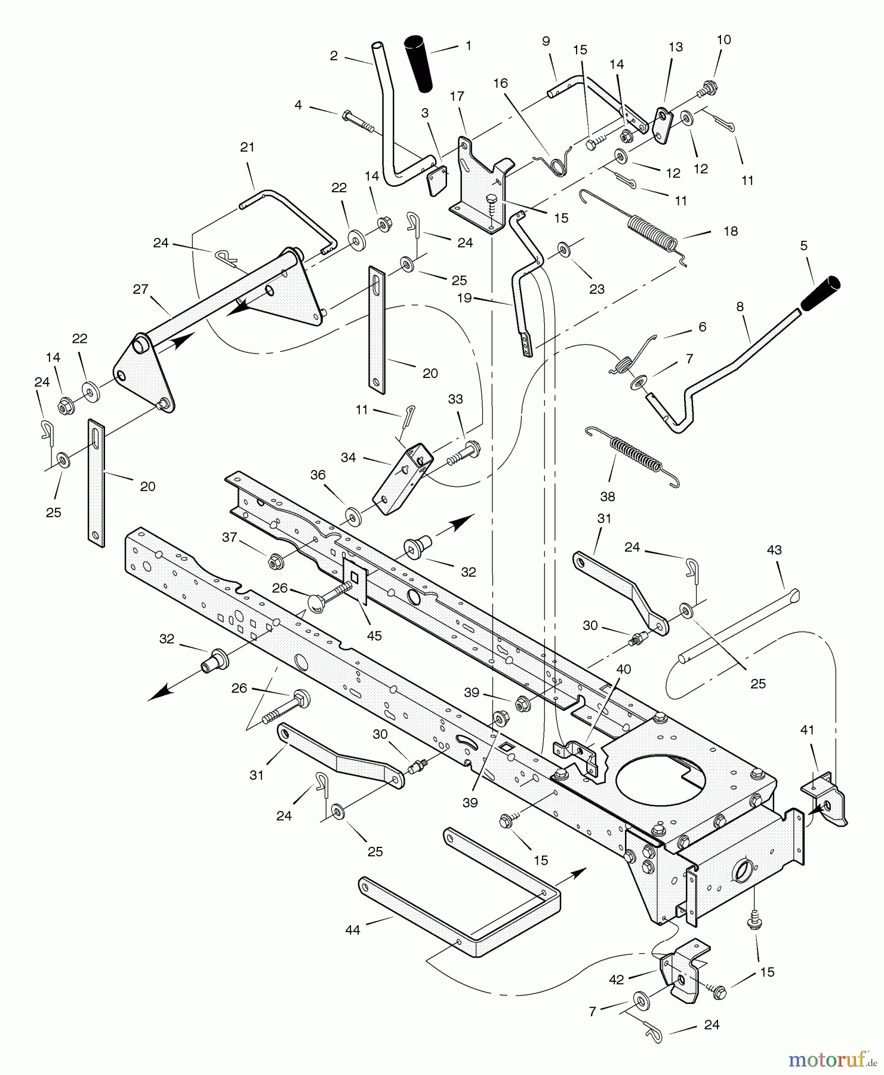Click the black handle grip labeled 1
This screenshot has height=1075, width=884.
420,64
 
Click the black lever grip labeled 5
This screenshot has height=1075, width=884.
820,293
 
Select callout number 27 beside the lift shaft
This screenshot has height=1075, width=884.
140,290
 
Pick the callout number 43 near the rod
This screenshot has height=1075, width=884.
774,550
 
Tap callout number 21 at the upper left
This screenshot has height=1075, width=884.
247,147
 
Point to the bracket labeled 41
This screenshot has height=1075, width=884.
826,800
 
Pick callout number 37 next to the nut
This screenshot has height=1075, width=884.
230,537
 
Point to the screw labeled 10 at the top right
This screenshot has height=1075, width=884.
708,88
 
